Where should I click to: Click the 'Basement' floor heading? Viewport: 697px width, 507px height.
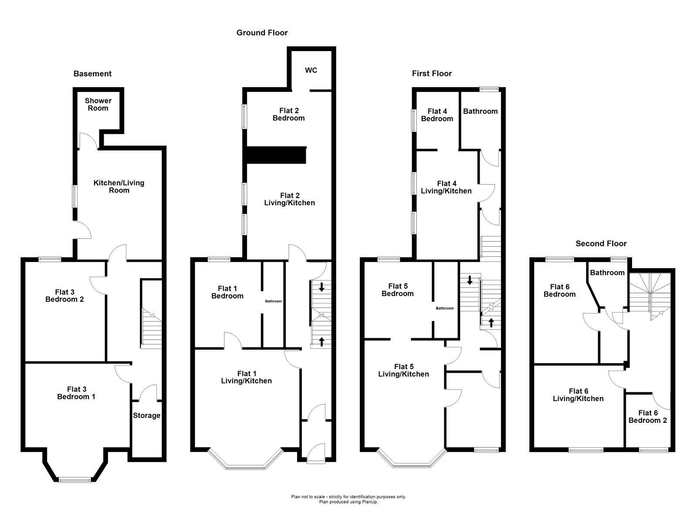(92, 74)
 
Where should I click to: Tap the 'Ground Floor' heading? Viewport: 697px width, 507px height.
(262, 33)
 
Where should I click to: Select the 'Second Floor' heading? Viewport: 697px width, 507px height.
(601, 244)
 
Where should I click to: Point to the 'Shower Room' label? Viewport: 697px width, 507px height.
(98, 104)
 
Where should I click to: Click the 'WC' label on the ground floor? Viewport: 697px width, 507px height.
(311, 70)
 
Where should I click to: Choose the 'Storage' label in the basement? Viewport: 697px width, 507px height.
(146, 415)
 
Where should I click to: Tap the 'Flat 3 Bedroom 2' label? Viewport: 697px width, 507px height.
(64, 296)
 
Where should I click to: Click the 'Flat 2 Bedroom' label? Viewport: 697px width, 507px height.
(288, 114)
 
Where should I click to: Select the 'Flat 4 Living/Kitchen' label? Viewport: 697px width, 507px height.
(446, 187)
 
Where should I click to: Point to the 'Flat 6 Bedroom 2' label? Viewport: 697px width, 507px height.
(647, 417)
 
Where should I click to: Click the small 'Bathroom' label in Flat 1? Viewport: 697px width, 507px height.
(273, 301)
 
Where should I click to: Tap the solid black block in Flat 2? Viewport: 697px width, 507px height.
(276, 155)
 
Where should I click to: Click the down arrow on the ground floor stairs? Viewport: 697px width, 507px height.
(321, 287)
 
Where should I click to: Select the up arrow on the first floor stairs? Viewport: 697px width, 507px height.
(491, 323)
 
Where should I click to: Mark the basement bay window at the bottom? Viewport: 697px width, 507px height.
(74, 480)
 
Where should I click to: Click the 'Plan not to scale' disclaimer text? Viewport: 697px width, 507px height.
(348, 497)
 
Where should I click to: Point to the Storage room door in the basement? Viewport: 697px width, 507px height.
(148, 393)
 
